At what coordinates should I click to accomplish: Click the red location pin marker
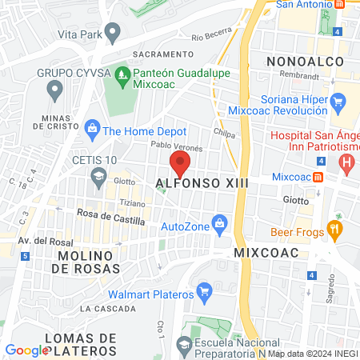pyautogui.click(x=180, y=164)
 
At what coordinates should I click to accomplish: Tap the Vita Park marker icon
pyautogui.click(x=113, y=34)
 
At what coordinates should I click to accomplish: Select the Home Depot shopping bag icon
pyautogui.click(x=92, y=128)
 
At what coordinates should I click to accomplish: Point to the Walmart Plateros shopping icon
pyautogui.click(x=204, y=289)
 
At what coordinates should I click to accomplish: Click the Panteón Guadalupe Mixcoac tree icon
pyautogui.click(x=122, y=78)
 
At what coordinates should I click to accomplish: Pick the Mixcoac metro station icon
pyautogui.click(x=318, y=176)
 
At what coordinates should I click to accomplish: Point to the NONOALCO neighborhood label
pyautogui.click(x=306, y=62)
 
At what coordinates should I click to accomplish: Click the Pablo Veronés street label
pyautogui.click(x=177, y=146)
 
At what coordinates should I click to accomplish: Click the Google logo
pyautogui.click(x=27, y=350)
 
